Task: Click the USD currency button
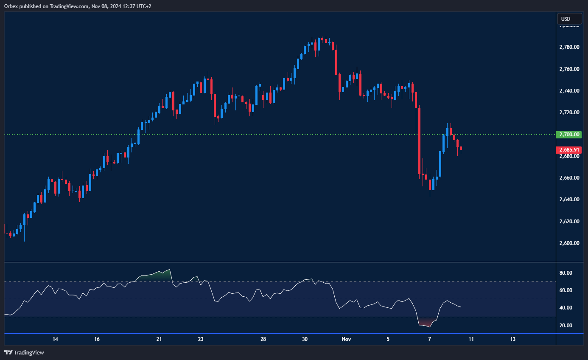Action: tap(566, 19)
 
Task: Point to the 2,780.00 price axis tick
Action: tap(569, 47)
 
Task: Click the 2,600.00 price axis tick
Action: tap(569, 243)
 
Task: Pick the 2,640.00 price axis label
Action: tap(569, 200)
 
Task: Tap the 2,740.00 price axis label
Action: tap(569, 91)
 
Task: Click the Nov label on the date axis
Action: tap(347, 339)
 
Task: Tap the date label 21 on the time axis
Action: tap(159, 339)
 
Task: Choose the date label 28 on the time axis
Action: tap(263, 339)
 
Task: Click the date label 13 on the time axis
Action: tap(512, 339)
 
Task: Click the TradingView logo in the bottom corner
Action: tap(24, 352)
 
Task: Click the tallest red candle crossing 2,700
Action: tap(419, 141)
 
